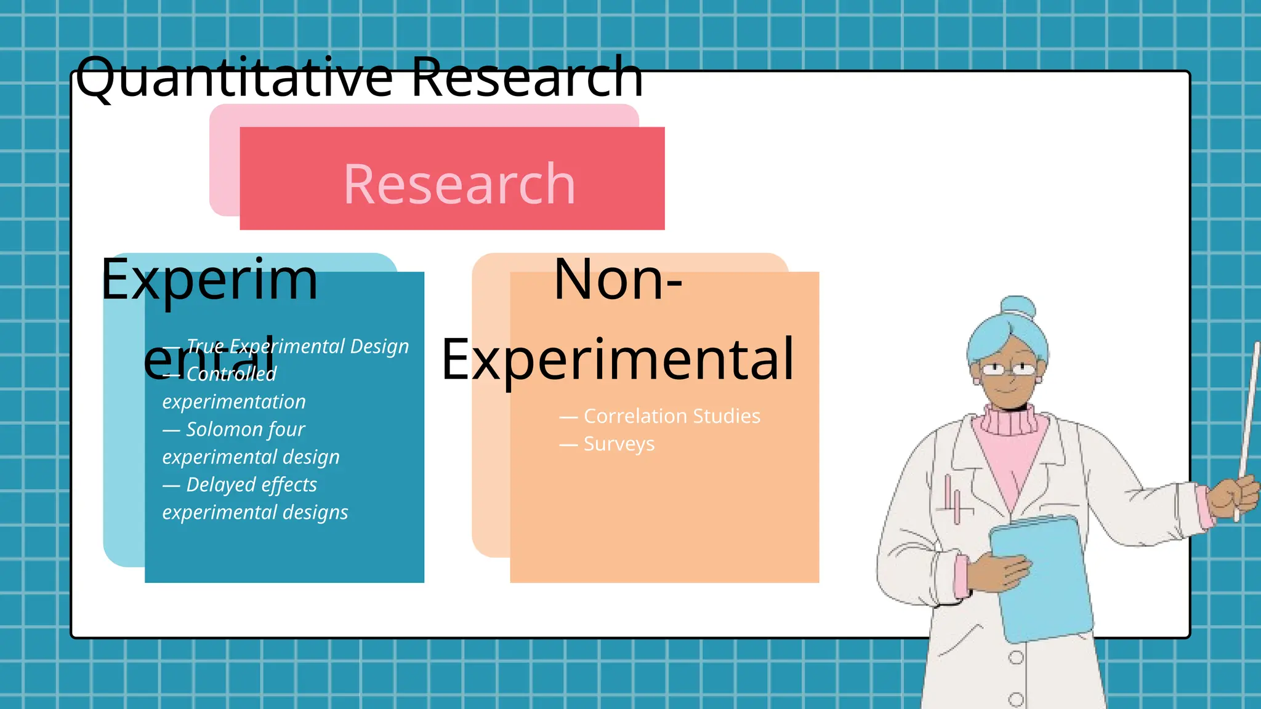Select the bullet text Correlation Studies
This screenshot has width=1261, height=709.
[671, 416]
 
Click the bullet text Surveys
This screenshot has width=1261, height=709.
[619, 444]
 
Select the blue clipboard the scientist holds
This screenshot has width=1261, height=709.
[1041, 579]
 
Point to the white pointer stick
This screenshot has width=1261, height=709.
[1249, 419]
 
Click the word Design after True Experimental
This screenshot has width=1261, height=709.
[379, 346]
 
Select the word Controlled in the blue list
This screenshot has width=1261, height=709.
[231, 374]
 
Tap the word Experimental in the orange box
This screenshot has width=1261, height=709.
[618, 359]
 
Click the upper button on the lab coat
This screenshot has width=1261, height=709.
[1015, 657]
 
